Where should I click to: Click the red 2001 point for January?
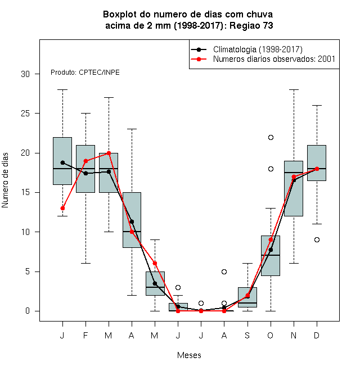[x=62, y=208]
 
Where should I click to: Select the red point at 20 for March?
[x=109, y=153]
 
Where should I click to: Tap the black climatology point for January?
[x=62, y=162]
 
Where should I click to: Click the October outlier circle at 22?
[x=271, y=138]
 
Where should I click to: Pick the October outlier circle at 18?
[x=271, y=169]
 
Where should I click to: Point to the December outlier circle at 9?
[x=317, y=239]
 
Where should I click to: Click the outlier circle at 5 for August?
[x=224, y=272]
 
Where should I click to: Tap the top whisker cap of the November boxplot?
[x=294, y=90]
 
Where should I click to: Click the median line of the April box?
[x=132, y=232]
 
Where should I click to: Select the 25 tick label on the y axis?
[x=25, y=114]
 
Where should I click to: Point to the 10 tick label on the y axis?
[x=25, y=232]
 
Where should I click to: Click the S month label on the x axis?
[x=247, y=335]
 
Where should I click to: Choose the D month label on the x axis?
[x=317, y=335]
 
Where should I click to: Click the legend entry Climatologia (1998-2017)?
[x=258, y=49]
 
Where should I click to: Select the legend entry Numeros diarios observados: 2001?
[x=274, y=59]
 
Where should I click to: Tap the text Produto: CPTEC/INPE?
[x=85, y=73]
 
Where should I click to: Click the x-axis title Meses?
[x=189, y=355]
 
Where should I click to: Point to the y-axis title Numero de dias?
[x=5, y=180]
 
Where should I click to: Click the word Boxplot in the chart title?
[x=120, y=15]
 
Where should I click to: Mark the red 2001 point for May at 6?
[x=155, y=263]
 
